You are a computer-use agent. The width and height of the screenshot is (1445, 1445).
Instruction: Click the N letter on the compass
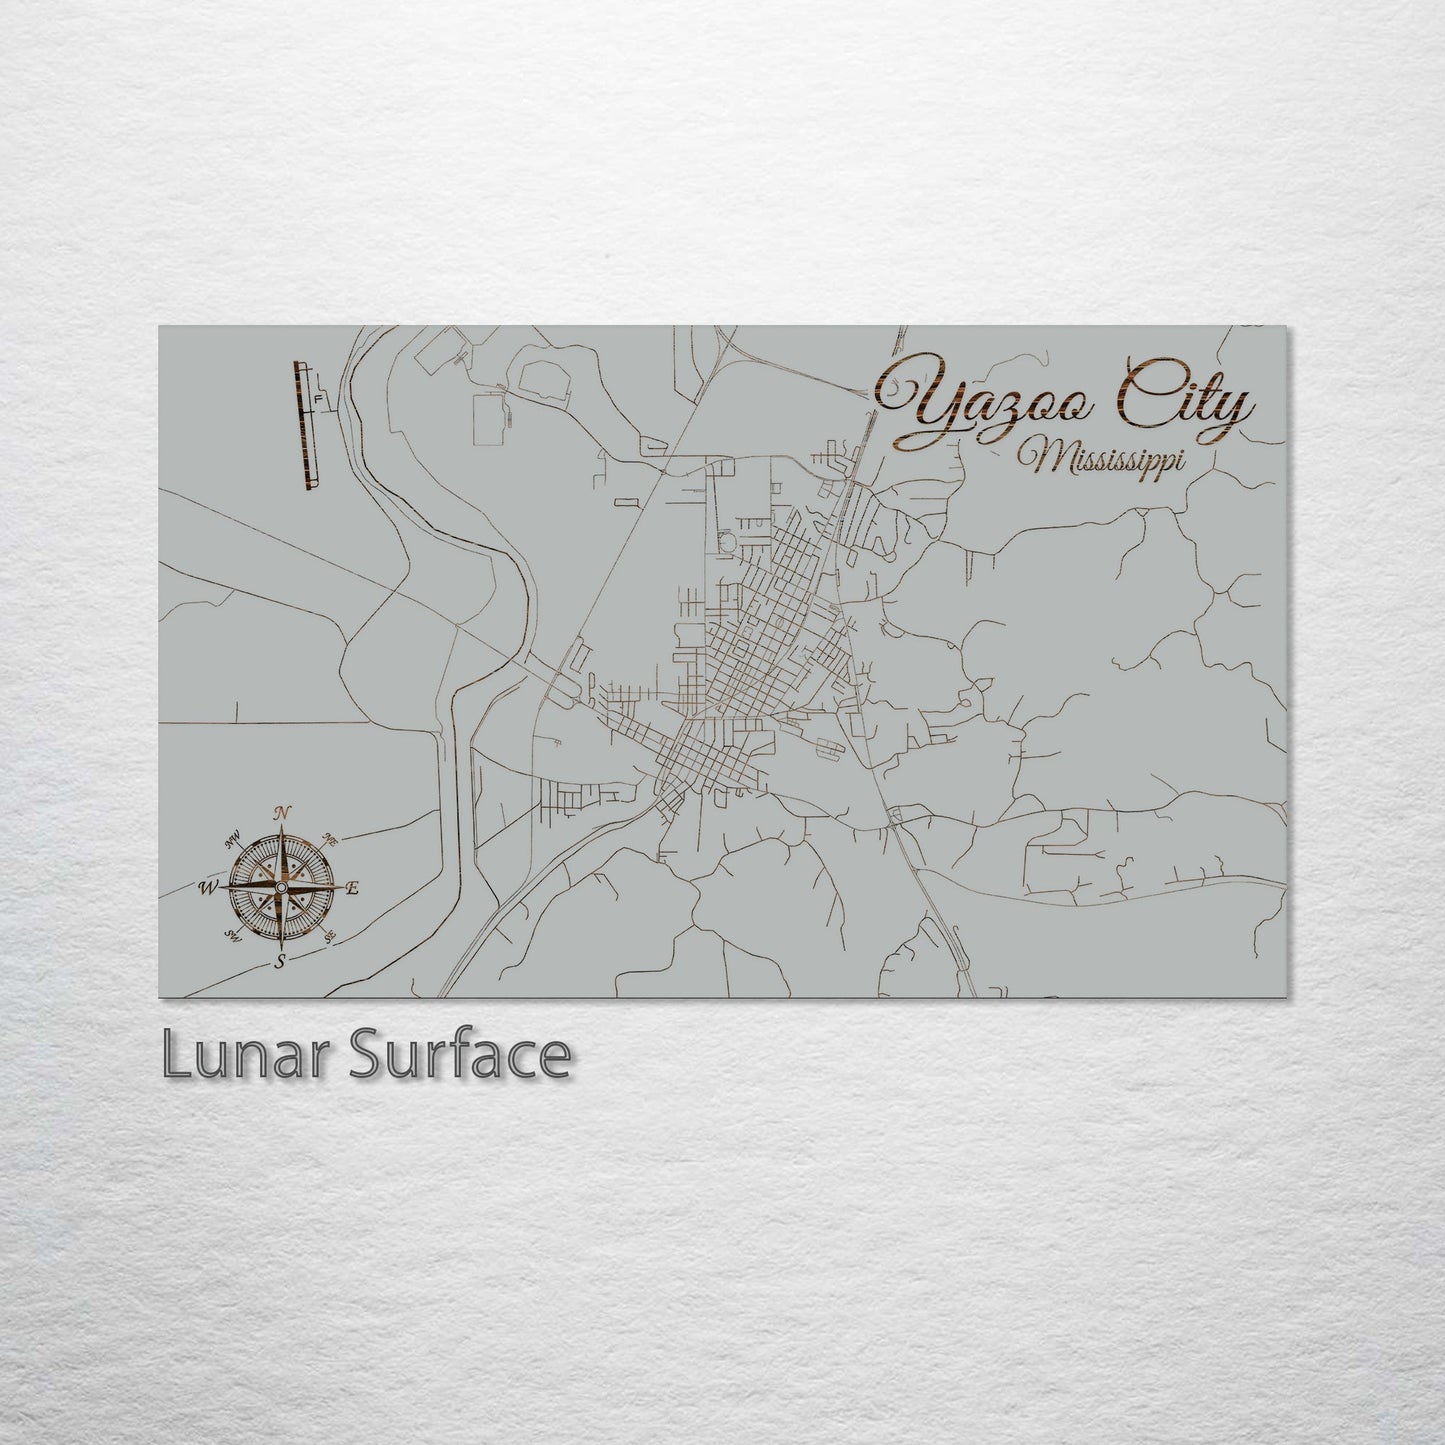click(x=282, y=812)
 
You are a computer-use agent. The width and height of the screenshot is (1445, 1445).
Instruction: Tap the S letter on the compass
click(x=281, y=962)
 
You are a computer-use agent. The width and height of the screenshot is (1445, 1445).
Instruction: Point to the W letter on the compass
click(x=210, y=887)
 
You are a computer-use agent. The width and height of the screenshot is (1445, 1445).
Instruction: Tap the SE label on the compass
click(x=331, y=936)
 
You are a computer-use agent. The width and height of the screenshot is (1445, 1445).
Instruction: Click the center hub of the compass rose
click(x=281, y=887)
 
